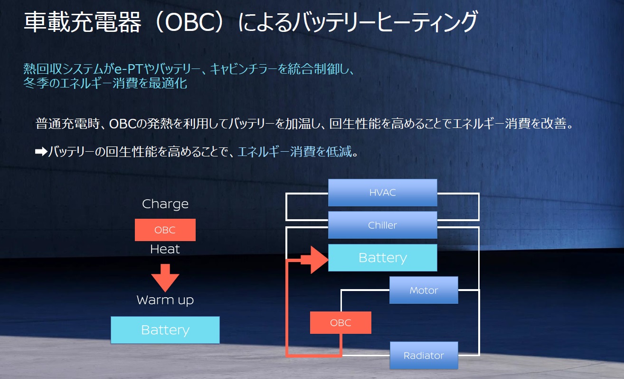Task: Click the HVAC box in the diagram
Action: click(x=382, y=193)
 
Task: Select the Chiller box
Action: click(x=382, y=225)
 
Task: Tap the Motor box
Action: click(x=424, y=290)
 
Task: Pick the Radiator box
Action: click(x=424, y=355)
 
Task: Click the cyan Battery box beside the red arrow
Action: click(x=382, y=258)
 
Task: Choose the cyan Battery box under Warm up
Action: click(x=165, y=330)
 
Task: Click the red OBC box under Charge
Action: click(x=165, y=230)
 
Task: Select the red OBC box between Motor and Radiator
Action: click(x=340, y=323)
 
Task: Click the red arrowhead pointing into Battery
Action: click(x=318, y=260)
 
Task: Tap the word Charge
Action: click(x=165, y=204)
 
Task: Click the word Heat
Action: click(x=165, y=249)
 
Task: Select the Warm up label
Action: click(x=165, y=300)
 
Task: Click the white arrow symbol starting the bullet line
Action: click(x=41, y=152)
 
